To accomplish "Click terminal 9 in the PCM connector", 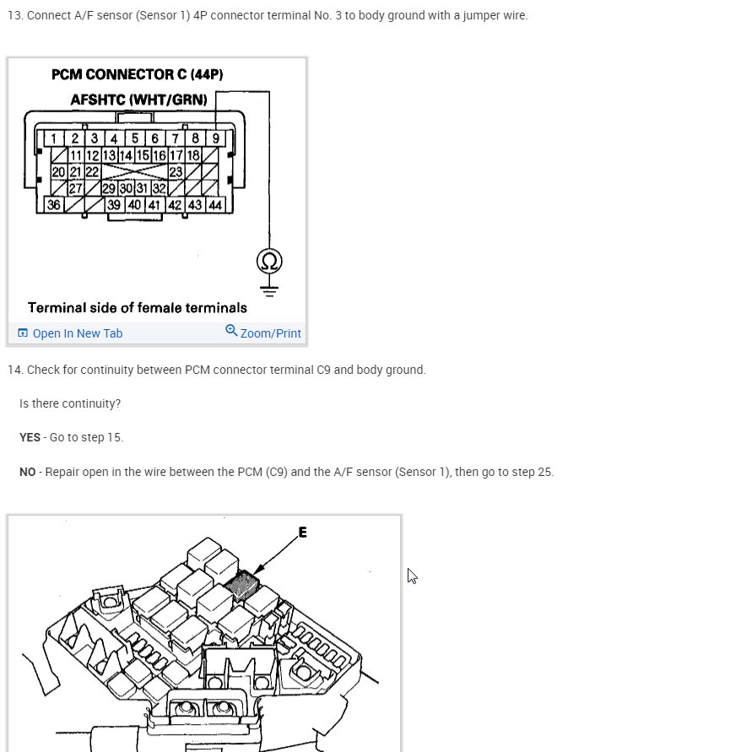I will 216,138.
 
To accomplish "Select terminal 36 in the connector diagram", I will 54,204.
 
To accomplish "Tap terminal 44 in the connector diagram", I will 215,204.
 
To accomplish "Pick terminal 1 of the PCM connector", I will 53,138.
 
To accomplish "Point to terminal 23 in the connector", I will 176,171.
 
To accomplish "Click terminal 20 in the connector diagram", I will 58,171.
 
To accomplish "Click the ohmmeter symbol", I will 269,261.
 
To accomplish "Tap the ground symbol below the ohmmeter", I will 269,289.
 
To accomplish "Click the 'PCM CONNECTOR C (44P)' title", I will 138,75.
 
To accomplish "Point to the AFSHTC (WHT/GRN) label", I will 138,100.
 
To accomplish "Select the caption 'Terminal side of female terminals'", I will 138,308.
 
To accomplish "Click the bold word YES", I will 30,437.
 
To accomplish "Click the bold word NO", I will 28,472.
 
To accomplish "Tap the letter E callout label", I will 303,533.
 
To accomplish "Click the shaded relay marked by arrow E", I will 245,584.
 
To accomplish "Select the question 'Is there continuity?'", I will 70,403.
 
